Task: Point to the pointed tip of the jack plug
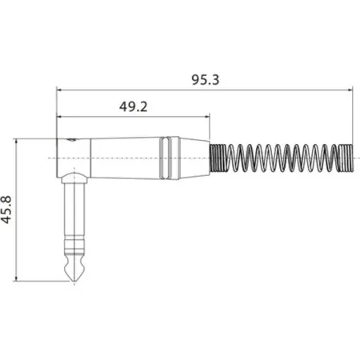[73, 280]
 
